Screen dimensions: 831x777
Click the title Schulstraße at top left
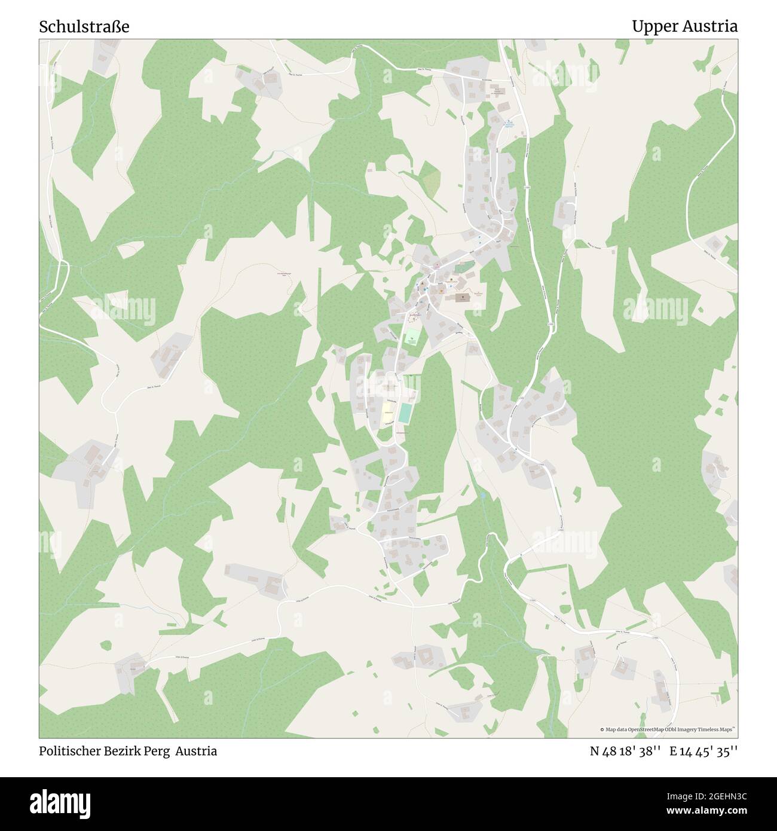(x=84, y=27)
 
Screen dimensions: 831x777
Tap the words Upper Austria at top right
(x=684, y=27)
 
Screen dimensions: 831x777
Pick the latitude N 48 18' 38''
(x=625, y=751)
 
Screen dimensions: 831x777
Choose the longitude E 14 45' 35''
(x=703, y=751)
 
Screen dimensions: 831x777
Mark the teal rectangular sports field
(x=406, y=413)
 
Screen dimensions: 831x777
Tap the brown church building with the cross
(x=463, y=297)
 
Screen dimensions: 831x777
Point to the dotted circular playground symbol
(x=413, y=316)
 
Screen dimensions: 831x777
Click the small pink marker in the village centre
(x=437, y=265)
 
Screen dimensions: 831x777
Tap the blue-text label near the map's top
(x=509, y=124)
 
